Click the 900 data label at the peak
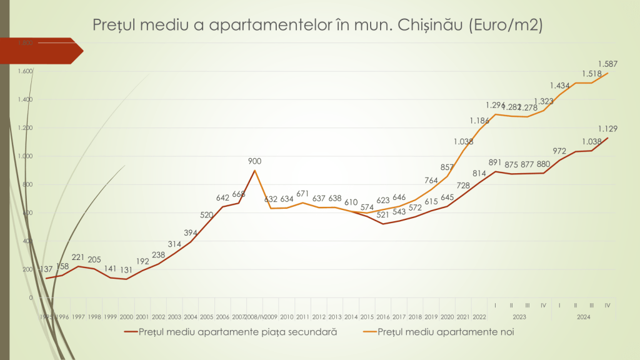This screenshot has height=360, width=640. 254,161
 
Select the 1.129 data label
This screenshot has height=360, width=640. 608,129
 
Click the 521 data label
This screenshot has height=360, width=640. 382,215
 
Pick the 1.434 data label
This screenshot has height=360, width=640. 560,86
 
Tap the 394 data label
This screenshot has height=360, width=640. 191,233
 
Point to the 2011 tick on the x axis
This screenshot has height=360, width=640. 302,317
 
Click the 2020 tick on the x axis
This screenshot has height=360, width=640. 447,317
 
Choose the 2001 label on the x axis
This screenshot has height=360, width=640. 142,317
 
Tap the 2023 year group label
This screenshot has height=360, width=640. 519,317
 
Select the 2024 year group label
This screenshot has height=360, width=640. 584,317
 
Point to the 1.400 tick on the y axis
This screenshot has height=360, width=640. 25,99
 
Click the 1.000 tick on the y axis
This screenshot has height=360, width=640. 25,156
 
